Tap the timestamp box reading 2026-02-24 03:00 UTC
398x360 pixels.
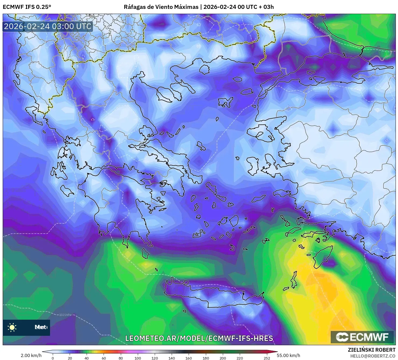48,26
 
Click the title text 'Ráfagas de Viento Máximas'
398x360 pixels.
161,7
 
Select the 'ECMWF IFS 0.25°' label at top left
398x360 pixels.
27,7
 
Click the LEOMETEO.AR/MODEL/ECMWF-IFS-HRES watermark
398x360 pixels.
199,338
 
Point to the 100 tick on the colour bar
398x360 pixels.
138,358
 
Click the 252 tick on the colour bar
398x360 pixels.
267,358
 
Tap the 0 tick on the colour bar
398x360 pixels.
53,358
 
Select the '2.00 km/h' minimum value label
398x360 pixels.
31,355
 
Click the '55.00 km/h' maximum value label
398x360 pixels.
288,355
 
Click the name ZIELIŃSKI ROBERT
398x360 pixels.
372,350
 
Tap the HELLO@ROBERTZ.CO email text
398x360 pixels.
373,356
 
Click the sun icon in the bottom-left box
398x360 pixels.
12,327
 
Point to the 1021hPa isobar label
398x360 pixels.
66,315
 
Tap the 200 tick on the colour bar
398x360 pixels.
223,358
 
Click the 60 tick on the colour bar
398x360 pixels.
104,358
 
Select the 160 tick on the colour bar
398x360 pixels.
189,358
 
